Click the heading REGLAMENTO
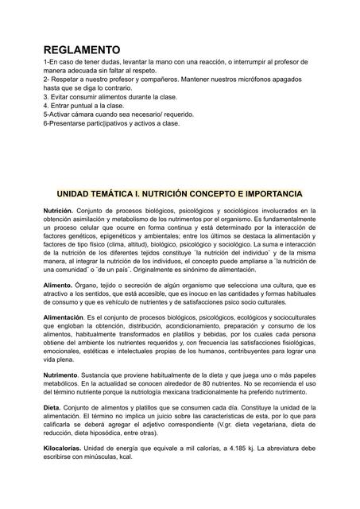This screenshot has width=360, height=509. coord(82,49)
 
